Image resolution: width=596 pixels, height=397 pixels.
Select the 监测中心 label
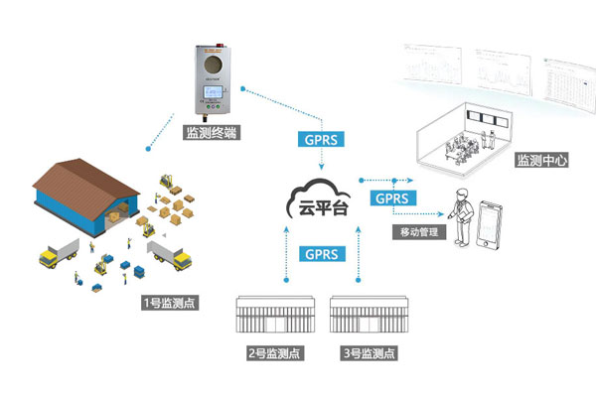point(541,161)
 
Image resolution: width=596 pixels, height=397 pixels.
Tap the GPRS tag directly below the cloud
point(320,253)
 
